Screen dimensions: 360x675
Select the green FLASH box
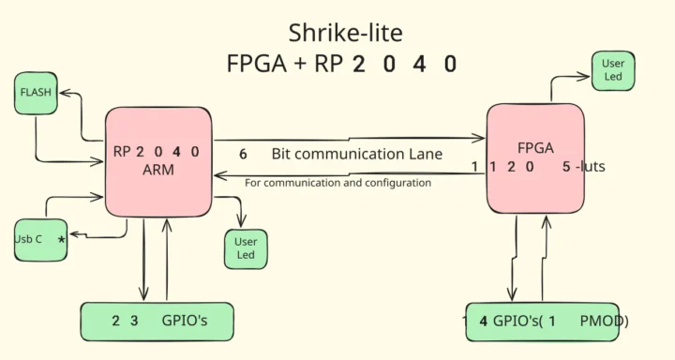(x=35, y=94)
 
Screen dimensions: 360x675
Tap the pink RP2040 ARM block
(x=157, y=158)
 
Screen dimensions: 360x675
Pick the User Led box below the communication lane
(x=244, y=248)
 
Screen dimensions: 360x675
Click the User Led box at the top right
(x=613, y=70)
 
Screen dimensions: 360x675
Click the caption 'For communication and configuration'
(x=337, y=183)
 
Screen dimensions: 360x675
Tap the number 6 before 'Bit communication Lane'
(x=243, y=154)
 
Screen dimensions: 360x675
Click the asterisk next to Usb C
(x=62, y=240)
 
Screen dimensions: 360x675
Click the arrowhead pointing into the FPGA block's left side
(x=480, y=139)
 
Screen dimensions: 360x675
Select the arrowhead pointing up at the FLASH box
(x=65, y=94)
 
